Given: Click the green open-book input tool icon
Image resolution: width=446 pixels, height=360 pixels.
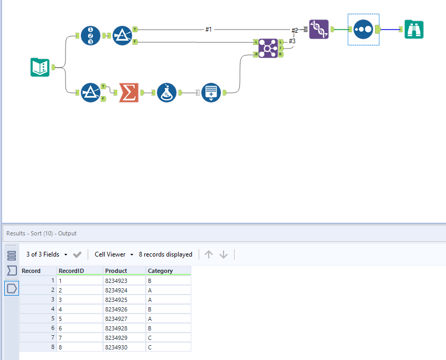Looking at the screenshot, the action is [40, 68].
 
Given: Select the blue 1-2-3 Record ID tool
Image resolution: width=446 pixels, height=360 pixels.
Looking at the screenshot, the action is [90, 35].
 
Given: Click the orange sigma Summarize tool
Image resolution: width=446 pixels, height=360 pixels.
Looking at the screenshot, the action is [129, 92].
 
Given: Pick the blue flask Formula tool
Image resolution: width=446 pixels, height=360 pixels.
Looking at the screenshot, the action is [166, 92].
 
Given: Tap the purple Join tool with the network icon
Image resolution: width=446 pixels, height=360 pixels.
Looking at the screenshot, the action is [268, 49].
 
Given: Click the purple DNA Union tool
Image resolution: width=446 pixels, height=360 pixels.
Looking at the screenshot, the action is [319, 29].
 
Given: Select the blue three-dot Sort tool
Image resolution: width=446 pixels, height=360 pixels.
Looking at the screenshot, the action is [363, 29].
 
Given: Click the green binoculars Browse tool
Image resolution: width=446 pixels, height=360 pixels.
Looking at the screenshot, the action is [414, 29].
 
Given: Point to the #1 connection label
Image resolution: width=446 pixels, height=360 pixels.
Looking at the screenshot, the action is [209, 29].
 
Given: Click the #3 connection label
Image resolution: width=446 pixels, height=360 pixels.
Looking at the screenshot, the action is [292, 41].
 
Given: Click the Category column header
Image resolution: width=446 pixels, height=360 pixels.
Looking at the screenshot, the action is [160, 271].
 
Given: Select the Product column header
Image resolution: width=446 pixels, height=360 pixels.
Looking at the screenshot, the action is [116, 271].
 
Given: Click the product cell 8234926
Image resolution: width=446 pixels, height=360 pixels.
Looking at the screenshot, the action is [116, 309].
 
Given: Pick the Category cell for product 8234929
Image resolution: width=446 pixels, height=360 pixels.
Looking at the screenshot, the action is [150, 338].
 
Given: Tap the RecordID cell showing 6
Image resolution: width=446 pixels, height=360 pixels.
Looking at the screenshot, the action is [60, 328].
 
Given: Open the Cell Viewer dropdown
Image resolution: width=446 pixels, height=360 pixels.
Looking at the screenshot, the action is [114, 254].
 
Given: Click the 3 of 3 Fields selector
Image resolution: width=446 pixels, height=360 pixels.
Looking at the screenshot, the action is [47, 254].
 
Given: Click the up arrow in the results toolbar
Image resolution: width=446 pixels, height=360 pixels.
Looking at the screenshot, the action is [209, 254].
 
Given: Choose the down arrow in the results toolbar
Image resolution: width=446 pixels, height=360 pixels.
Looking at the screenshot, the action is [224, 254].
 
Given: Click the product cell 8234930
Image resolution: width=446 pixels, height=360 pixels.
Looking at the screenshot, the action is [116, 347].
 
